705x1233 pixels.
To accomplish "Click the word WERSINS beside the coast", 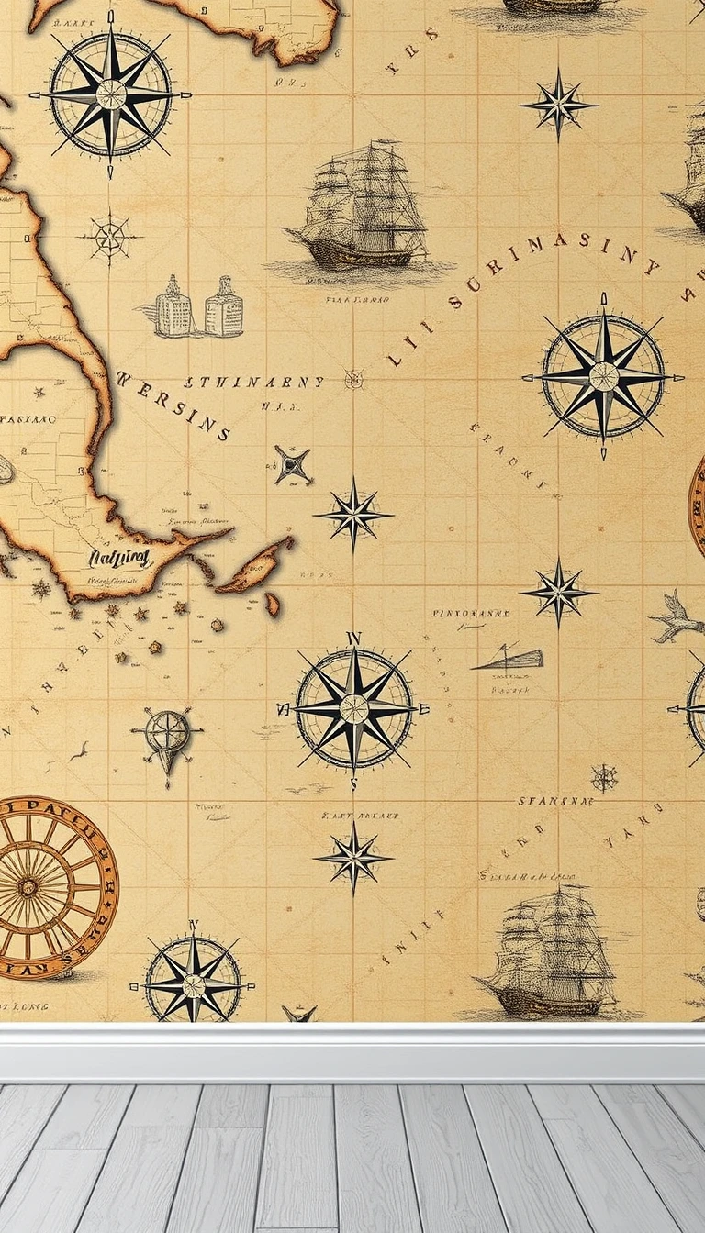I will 173,404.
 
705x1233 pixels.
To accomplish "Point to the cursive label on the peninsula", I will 120,557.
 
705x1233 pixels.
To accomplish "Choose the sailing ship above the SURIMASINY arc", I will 363,211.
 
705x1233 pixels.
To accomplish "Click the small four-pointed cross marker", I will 292,465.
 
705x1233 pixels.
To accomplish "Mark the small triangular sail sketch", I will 509,657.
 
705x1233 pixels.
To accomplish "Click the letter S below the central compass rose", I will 353,783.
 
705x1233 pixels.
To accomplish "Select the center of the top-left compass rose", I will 111,94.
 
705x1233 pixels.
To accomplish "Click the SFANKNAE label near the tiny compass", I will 555,801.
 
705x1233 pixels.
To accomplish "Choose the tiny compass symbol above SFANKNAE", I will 604,778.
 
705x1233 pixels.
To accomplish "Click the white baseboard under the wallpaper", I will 352,1052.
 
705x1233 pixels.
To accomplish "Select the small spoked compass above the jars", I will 109,239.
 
